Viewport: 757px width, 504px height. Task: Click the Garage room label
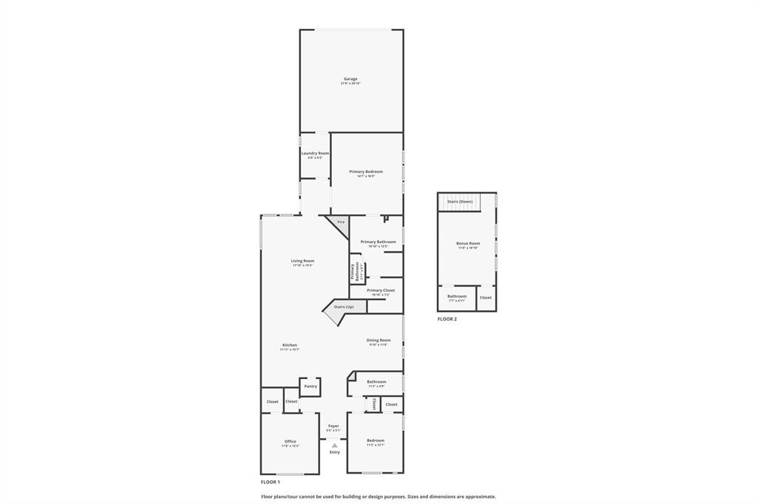pyautogui.click(x=350, y=79)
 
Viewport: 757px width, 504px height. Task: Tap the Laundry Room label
pyautogui.click(x=315, y=153)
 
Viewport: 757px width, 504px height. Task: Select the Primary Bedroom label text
pyautogui.click(x=366, y=171)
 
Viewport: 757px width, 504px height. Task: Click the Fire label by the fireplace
pyautogui.click(x=341, y=222)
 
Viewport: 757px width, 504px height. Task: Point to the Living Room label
pyautogui.click(x=302, y=260)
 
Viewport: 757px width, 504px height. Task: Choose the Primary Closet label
pyautogui.click(x=381, y=290)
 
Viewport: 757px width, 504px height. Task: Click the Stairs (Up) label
pyautogui.click(x=344, y=307)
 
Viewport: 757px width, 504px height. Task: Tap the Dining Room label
pyautogui.click(x=378, y=340)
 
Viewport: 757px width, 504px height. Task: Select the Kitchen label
pyautogui.click(x=290, y=345)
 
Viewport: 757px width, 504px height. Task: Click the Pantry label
pyautogui.click(x=310, y=386)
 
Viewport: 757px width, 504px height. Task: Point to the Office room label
pyautogui.click(x=291, y=441)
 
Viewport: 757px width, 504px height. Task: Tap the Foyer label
pyautogui.click(x=333, y=426)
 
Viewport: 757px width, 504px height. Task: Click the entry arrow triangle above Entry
pyautogui.click(x=335, y=445)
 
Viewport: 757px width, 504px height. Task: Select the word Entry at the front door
pyautogui.click(x=335, y=452)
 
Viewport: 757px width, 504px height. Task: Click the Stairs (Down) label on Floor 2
pyautogui.click(x=460, y=201)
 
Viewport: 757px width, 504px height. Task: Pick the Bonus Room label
pyautogui.click(x=468, y=243)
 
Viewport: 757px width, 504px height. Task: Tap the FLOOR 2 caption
pyautogui.click(x=447, y=319)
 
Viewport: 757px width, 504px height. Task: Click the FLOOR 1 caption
pyautogui.click(x=271, y=482)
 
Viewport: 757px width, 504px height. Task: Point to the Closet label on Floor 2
pyautogui.click(x=486, y=297)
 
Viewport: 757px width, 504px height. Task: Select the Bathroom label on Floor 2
pyautogui.click(x=457, y=296)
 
